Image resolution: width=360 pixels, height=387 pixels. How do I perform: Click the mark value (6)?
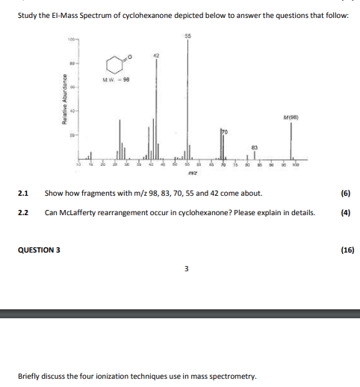click(x=345, y=193)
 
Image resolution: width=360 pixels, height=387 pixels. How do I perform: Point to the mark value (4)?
click(x=345, y=212)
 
